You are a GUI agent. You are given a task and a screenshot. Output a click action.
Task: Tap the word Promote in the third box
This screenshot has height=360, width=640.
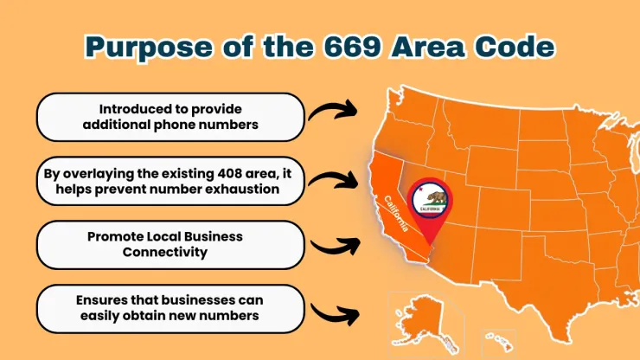click(114, 236)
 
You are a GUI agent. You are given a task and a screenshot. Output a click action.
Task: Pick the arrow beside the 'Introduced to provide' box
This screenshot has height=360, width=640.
click(333, 111)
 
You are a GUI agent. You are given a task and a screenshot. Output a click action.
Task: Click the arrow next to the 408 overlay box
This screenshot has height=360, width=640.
click(333, 180)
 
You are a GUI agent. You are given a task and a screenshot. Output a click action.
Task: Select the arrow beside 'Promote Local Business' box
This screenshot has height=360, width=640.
click(333, 245)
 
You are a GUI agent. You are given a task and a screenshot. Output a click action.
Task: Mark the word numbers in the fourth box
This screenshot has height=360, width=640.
click(234, 314)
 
